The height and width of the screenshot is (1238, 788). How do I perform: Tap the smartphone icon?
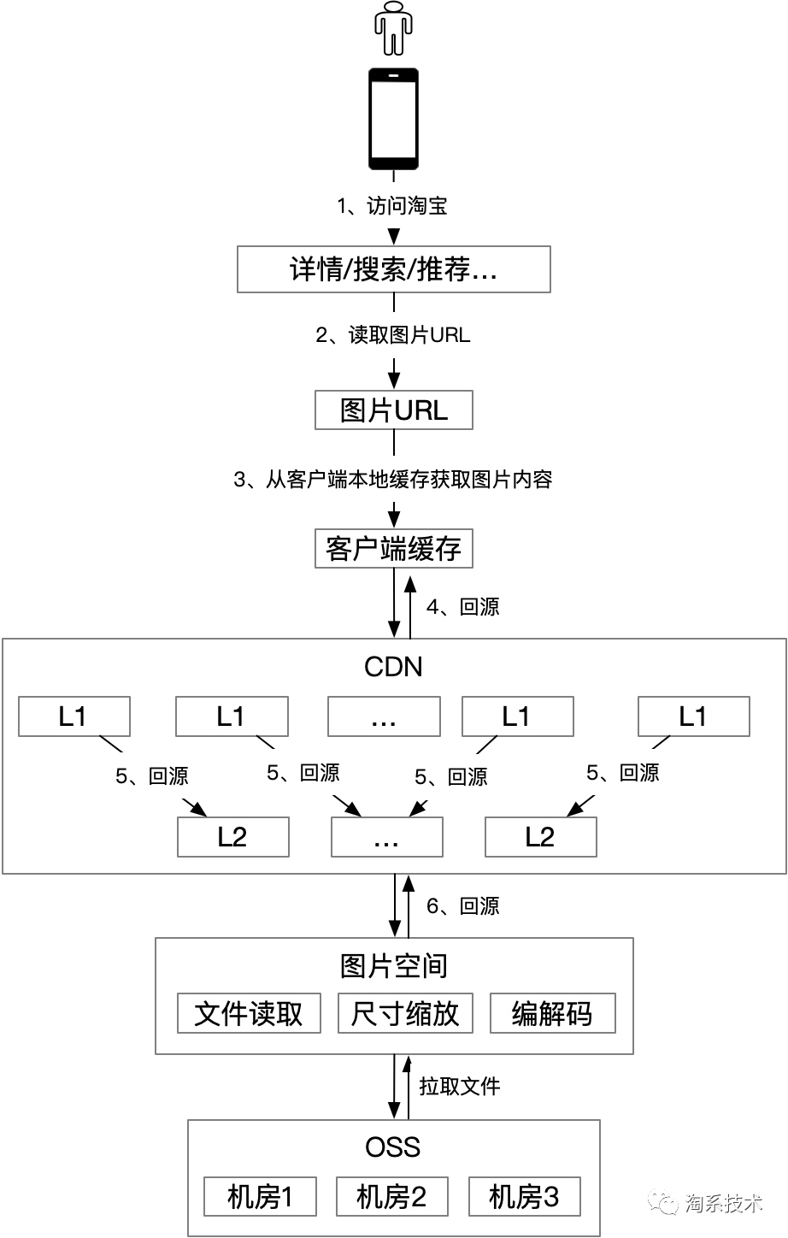click(393, 119)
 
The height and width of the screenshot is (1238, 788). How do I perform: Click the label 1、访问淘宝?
click(393, 206)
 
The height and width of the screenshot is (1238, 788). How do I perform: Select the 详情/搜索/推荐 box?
click(393, 270)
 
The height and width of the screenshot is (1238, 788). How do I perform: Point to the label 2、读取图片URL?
click(393, 335)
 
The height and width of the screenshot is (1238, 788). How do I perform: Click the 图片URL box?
click(393, 410)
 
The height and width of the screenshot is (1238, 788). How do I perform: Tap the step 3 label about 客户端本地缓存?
click(393, 480)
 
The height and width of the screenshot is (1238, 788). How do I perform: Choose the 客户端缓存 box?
click(393, 548)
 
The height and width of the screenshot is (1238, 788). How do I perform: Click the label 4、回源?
click(462, 607)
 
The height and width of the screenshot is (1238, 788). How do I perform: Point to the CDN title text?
click(393, 667)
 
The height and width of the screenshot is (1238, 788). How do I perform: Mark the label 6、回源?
click(462, 906)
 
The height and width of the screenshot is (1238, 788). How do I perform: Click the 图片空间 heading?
click(393, 966)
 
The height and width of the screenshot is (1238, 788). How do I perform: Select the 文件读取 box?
click(249, 1013)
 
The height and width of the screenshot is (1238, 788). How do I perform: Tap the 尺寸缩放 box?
click(405, 1013)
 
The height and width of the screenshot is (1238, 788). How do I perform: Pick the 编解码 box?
click(552, 1013)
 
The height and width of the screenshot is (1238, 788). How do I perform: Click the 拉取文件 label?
click(459, 1087)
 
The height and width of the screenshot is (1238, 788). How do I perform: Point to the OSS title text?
click(393, 1147)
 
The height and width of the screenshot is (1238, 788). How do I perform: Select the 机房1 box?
click(260, 1196)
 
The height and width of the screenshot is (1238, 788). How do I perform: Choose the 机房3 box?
click(524, 1196)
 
